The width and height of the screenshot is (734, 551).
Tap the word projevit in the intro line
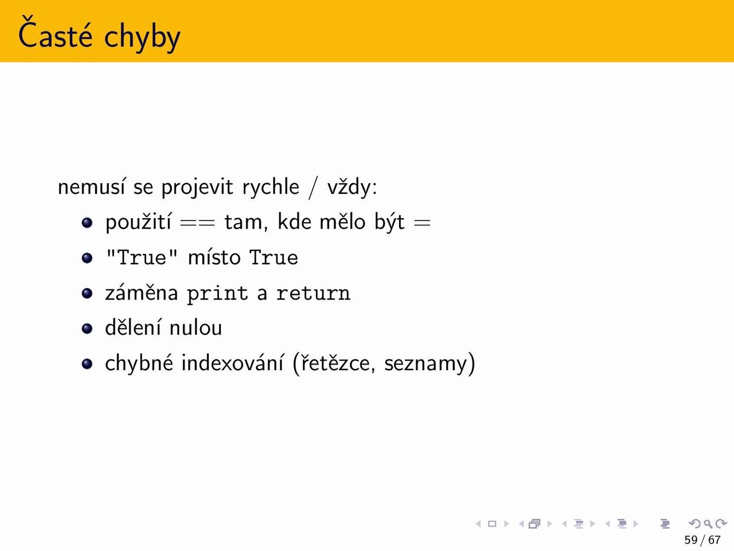pos(197,188)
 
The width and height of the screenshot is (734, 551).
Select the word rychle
pos(271,187)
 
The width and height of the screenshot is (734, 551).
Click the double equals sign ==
pos(197,223)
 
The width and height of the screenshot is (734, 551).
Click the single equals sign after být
pos(423,223)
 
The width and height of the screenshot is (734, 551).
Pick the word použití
pos(138,222)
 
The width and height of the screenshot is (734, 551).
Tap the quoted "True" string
pos(142,257)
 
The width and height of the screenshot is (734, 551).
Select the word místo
pos(214,257)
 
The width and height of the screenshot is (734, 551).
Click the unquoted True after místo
pos(274,257)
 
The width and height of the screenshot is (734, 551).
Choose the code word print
pos(217,294)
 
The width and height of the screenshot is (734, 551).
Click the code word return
pos(313,293)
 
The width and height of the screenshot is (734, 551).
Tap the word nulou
pos(196,328)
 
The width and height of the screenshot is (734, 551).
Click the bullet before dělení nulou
pos(87,328)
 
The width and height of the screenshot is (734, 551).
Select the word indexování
pos(233,363)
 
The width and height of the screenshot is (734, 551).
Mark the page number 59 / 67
pos(702,540)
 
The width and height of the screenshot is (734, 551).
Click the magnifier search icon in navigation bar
pos(708,523)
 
